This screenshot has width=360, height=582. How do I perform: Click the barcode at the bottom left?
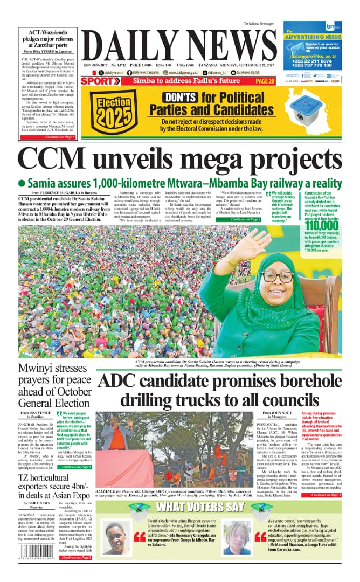27,563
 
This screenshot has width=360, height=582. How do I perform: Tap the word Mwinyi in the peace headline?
39,369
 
